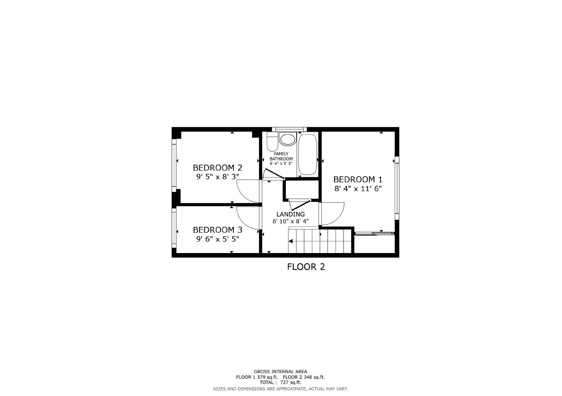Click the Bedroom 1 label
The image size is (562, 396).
click(358, 180)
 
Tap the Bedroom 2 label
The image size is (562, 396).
click(218, 168)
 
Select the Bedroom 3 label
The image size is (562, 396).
click(218, 230)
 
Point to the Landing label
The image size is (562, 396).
click(290, 214)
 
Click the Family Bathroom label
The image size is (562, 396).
click(281, 156)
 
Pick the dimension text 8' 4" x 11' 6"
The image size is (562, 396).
click(358, 189)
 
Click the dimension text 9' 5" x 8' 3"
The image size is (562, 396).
click(218, 177)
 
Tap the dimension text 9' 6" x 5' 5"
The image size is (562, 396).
click(218, 239)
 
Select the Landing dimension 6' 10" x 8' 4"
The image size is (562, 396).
click(290, 221)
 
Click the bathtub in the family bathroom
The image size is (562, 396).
click(308, 154)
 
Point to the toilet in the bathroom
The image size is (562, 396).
click(272, 143)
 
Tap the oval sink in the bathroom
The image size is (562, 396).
click(287, 139)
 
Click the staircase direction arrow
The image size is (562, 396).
click(291, 241)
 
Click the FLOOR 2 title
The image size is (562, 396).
click(306, 267)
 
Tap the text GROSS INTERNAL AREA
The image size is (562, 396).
click(280, 371)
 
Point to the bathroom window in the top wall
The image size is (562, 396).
click(290, 129)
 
